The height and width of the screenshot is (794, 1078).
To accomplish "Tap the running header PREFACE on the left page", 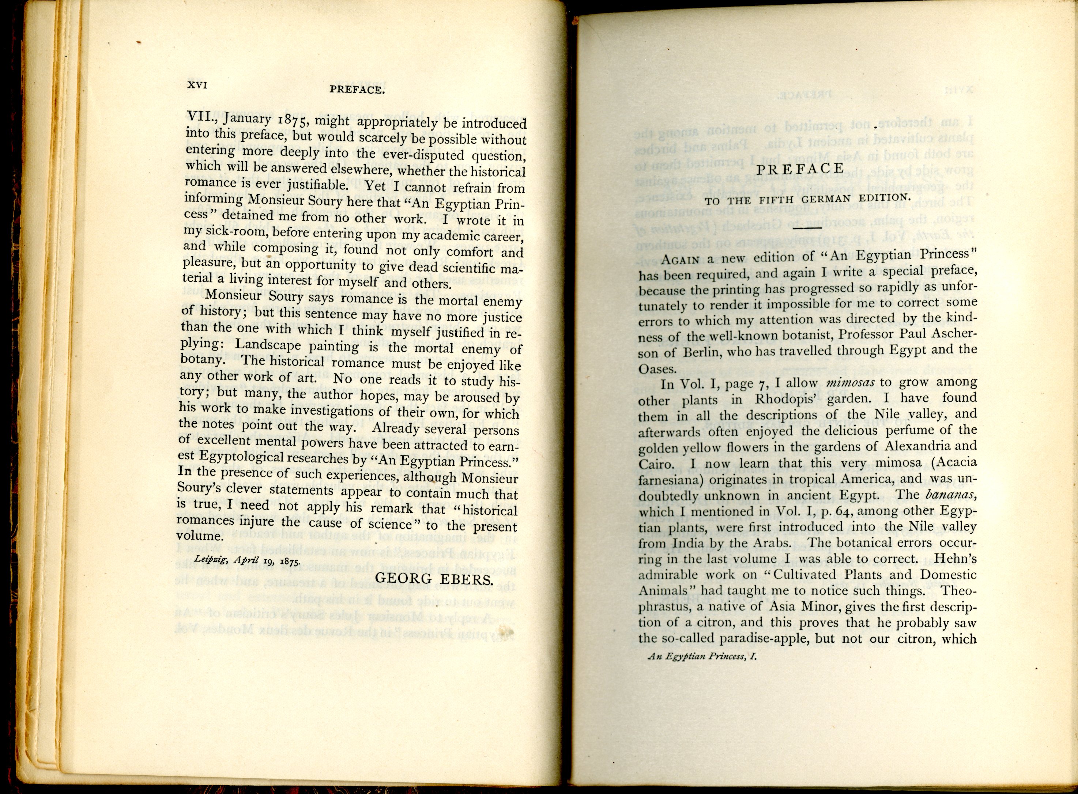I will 357,90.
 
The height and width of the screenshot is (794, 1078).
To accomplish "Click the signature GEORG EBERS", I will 434,579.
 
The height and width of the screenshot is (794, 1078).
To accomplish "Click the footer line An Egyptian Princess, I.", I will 702,657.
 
